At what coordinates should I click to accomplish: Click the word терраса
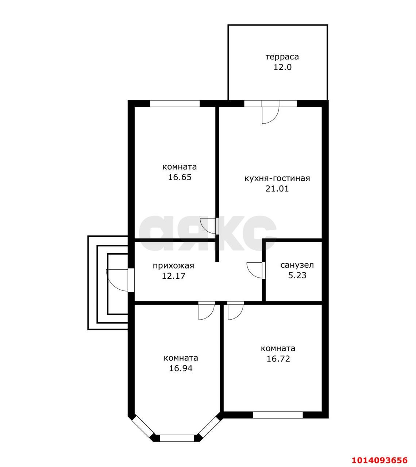coord(282,57)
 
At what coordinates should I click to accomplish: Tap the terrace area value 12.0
coord(282,67)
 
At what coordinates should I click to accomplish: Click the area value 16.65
coord(180,177)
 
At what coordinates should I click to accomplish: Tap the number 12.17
coord(173,276)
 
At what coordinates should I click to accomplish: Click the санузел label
coord(297,265)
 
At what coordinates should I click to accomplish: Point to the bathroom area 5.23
coord(297,275)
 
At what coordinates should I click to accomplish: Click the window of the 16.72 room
coord(278,415)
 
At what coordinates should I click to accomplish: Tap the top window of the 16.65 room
coord(174,104)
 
